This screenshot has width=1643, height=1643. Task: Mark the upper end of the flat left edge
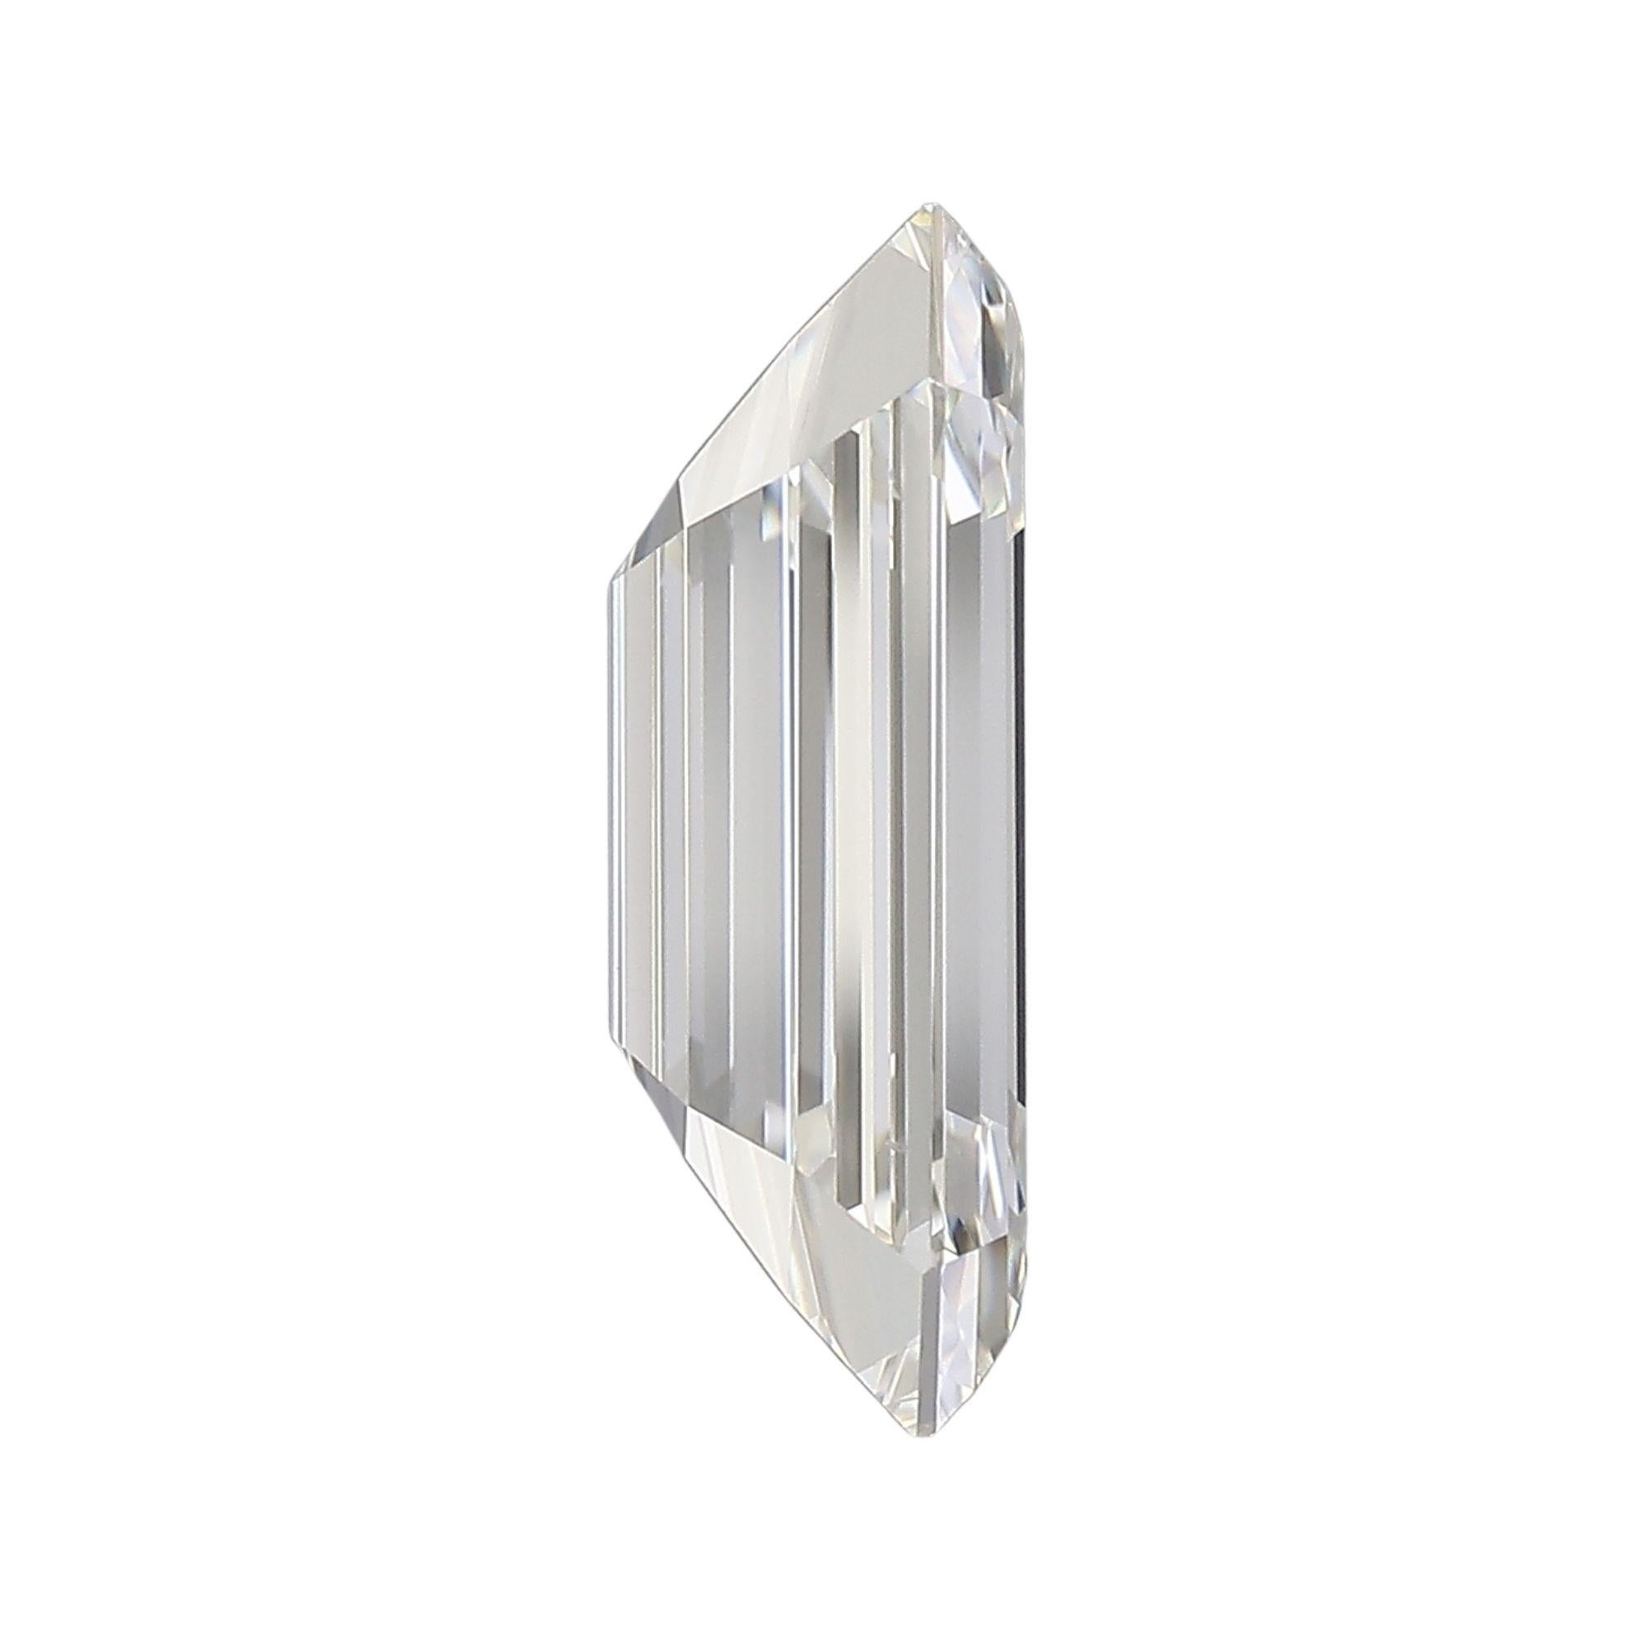point(612,582)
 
